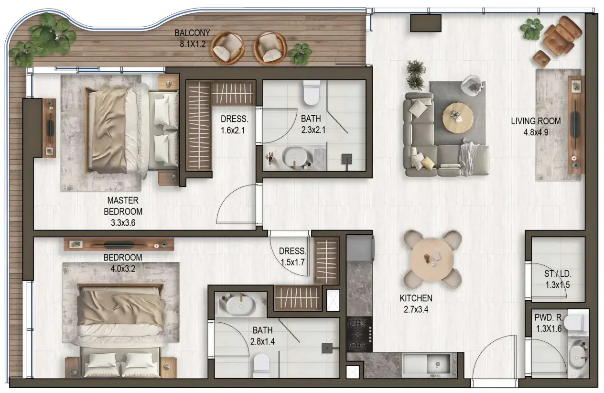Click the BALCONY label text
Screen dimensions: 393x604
192,33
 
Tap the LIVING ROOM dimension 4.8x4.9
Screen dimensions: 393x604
536,132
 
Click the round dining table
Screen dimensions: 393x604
432,258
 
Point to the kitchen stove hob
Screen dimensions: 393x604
359,334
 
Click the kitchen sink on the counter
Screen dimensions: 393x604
426,365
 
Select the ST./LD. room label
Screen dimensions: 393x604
558,274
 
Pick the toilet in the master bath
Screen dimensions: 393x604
311,93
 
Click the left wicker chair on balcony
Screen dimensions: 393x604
228,48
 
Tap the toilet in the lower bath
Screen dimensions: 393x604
262,364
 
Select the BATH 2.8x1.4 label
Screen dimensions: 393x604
262,336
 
